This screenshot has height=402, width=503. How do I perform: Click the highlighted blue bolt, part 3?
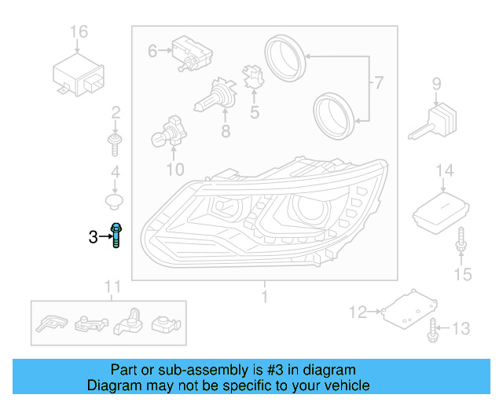point(116,235)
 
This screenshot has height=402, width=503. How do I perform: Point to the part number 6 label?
point(153,51)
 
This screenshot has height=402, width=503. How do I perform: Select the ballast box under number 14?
point(441,209)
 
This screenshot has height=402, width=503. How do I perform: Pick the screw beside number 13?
point(431,331)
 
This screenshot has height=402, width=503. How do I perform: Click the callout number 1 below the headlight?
point(264,297)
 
